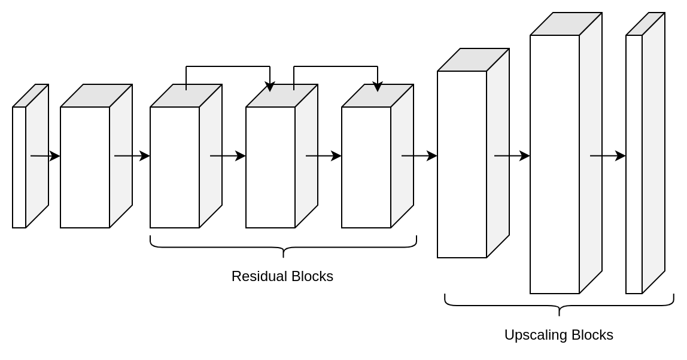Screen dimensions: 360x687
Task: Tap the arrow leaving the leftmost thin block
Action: (x=45, y=156)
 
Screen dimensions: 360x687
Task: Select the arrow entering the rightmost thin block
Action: (x=607, y=156)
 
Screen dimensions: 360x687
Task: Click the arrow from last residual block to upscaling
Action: (x=419, y=156)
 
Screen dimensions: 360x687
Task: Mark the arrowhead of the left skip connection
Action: (x=270, y=87)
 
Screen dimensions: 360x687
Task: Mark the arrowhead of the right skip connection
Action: (x=378, y=87)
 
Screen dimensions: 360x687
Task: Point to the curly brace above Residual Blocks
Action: (x=283, y=247)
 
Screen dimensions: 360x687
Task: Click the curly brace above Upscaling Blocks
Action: (x=559, y=306)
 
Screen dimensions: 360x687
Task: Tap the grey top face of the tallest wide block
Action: (x=566, y=24)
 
